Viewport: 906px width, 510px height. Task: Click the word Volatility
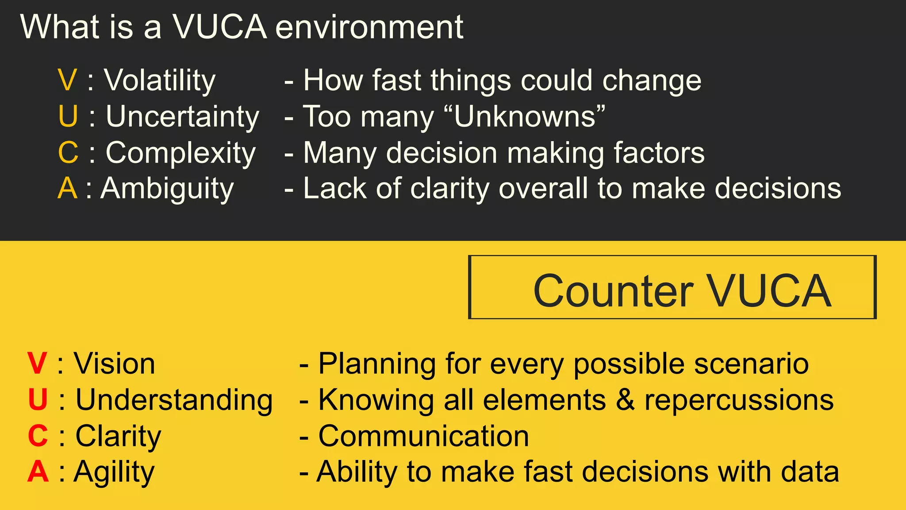click(160, 81)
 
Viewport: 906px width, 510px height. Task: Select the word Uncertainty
click(182, 117)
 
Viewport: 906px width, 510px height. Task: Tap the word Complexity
click(180, 154)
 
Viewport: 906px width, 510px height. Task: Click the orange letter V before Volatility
click(67, 81)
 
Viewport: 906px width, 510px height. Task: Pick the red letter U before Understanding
click(38, 400)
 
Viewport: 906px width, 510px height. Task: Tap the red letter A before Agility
click(38, 472)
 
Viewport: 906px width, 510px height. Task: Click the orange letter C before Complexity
click(68, 153)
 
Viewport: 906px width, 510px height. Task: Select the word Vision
click(115, 364)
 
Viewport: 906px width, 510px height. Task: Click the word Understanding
click(174, 400)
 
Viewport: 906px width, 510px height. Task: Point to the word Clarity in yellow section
click(118, 437)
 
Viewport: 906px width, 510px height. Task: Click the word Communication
click(423, 437)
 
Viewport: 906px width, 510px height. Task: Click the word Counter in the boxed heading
click(613, 291)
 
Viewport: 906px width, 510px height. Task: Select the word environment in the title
click(369, 27)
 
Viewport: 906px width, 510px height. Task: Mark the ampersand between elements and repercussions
click(625, 400)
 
